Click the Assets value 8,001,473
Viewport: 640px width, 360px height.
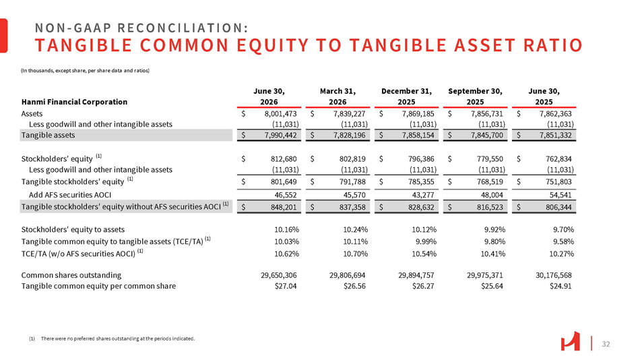click(x=280, y=114)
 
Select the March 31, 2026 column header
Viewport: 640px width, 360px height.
click(x=338, y=96)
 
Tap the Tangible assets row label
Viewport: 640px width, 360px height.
click(x=48, y=135)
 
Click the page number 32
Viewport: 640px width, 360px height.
click(x=606, y=344)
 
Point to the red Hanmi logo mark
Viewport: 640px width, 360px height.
click(x=570, y=341)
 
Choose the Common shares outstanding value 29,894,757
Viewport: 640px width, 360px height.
click(x=416, y=275)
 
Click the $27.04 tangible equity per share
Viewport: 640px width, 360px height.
click(x=286, y=286)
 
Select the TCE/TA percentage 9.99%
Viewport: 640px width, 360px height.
click(x=426, y=241)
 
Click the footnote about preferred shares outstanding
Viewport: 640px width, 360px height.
click(x=112, y=338)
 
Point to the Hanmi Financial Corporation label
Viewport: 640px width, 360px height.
click(x=74, y=102)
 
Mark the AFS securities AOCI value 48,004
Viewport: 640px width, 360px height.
click(x=492, y=195)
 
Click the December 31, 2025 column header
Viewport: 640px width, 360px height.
click(x=406, y=96)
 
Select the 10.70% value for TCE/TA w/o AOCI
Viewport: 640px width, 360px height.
click(x=355, y=253)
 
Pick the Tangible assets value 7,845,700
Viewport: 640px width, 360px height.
click(x=486, y=135)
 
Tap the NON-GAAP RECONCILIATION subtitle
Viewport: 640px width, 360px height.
click(x=141, y=28)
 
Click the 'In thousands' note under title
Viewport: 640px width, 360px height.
click(x=86, y=70)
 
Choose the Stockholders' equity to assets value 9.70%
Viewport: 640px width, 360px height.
click(x=563, y=230)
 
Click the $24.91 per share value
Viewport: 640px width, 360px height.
click(x=561, y=286)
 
